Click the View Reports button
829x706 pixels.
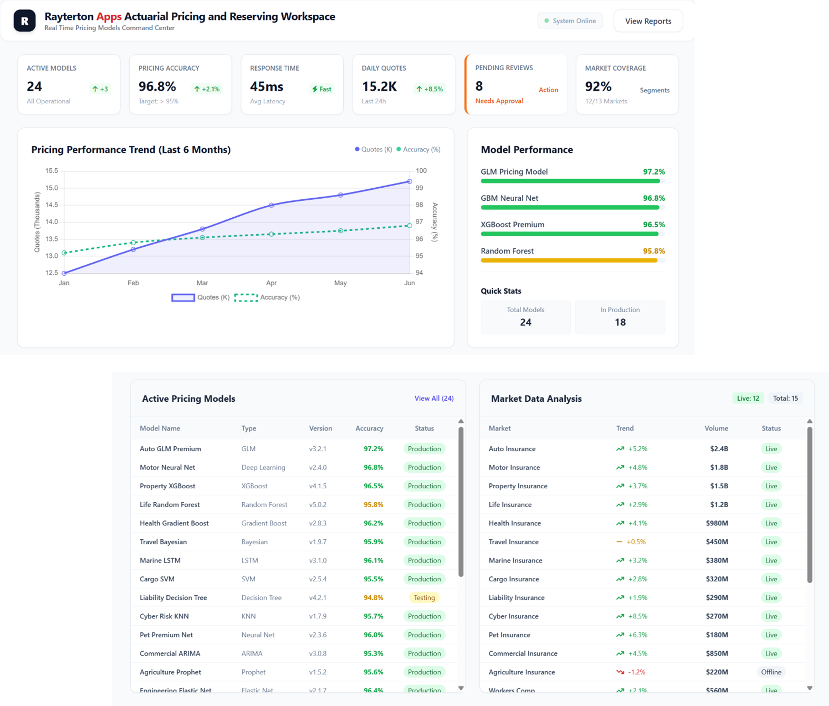(648, 21)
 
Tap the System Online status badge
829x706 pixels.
(570, 21)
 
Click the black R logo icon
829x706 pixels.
(24, 21)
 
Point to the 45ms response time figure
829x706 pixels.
(267, 87)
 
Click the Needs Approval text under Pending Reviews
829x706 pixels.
(498, 101)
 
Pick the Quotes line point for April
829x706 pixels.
(271, 205)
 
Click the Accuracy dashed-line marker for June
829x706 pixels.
(409, 226)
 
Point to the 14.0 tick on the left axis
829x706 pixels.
(51, 222)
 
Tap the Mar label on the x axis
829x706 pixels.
(202, 283)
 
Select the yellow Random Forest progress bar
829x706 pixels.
(569, 260)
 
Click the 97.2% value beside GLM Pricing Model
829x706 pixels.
(653, 172)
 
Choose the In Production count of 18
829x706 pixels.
(620, 322)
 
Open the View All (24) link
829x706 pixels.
(434, 398)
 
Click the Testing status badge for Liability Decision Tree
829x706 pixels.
(424, 598)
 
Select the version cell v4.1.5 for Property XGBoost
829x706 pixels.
(318, 486)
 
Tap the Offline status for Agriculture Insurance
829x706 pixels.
(771, 672)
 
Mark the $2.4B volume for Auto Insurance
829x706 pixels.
(719, 449)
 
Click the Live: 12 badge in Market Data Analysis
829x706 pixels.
(748, 398)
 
